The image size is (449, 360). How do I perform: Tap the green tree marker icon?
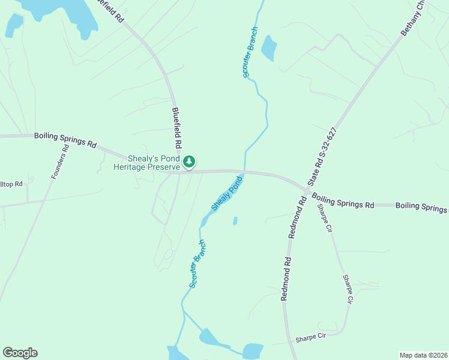click(189, 161)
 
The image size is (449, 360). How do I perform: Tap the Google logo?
click(20, 353)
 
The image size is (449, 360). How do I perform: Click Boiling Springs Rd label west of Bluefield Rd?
click(65, 140)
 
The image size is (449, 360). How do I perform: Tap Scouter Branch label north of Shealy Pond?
click(250, 52)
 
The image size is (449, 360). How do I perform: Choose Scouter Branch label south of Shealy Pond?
click(198, 263)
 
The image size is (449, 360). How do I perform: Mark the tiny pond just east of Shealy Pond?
click(235, 221)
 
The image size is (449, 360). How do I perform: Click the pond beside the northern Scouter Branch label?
click(268, 48)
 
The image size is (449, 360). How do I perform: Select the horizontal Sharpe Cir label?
click(310, 337)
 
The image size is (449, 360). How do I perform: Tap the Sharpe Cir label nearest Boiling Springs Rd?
click(325, 218)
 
